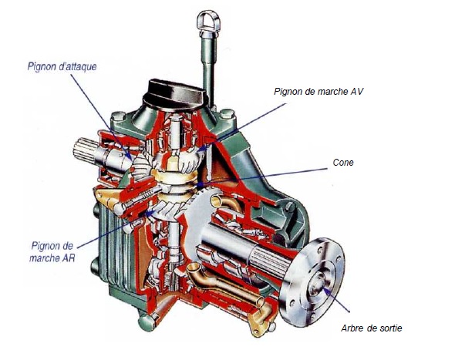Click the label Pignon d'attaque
62,67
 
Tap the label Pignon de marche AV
318,92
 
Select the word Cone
343,163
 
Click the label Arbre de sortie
372,328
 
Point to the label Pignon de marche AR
52,252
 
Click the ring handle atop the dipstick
208,20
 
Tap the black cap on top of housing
176,92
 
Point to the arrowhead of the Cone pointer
200,184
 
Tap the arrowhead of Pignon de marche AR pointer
150,214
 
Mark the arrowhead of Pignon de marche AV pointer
203,149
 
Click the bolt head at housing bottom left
147,322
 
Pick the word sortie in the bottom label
390,328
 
